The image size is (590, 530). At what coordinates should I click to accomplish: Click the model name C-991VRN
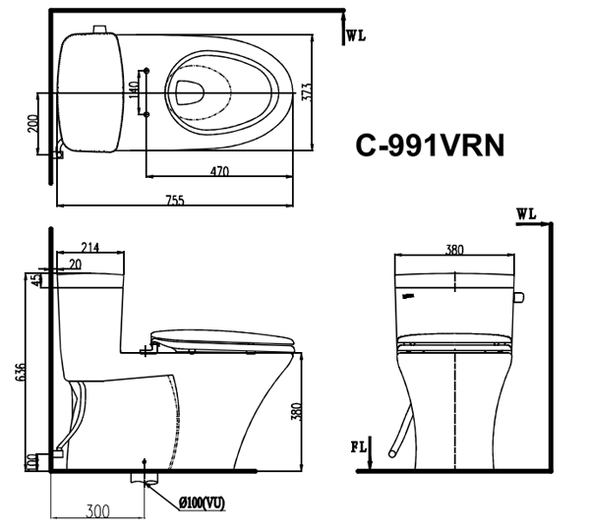[x=431, y=146]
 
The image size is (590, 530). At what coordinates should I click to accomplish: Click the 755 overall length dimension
[x=174, y=201]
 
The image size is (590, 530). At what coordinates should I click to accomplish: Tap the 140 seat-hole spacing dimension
[x=134, y=92]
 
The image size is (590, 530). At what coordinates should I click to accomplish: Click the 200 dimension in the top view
[x=32, y=124]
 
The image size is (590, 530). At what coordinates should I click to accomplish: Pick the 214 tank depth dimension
[x=90, y=247]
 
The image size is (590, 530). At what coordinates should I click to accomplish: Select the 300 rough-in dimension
[x=95, y=511]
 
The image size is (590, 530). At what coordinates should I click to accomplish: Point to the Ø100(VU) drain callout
[x=202, y=502]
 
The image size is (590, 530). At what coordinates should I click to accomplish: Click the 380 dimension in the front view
[x=453, y=250]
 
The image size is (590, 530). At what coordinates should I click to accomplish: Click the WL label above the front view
[x=524, y=212]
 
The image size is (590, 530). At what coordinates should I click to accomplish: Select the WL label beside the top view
[x=356, y=36]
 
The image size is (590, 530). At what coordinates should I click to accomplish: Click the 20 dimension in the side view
[x=75, y=264]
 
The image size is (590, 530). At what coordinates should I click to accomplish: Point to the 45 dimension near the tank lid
[x=37, y=280]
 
